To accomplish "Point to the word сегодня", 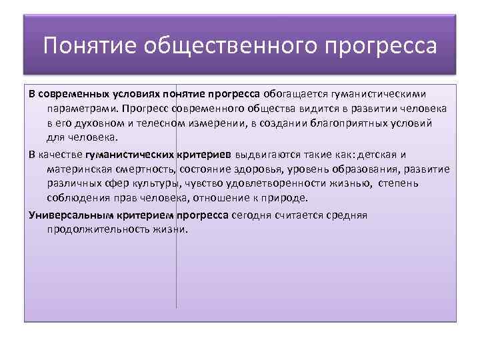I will coord(255,215).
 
